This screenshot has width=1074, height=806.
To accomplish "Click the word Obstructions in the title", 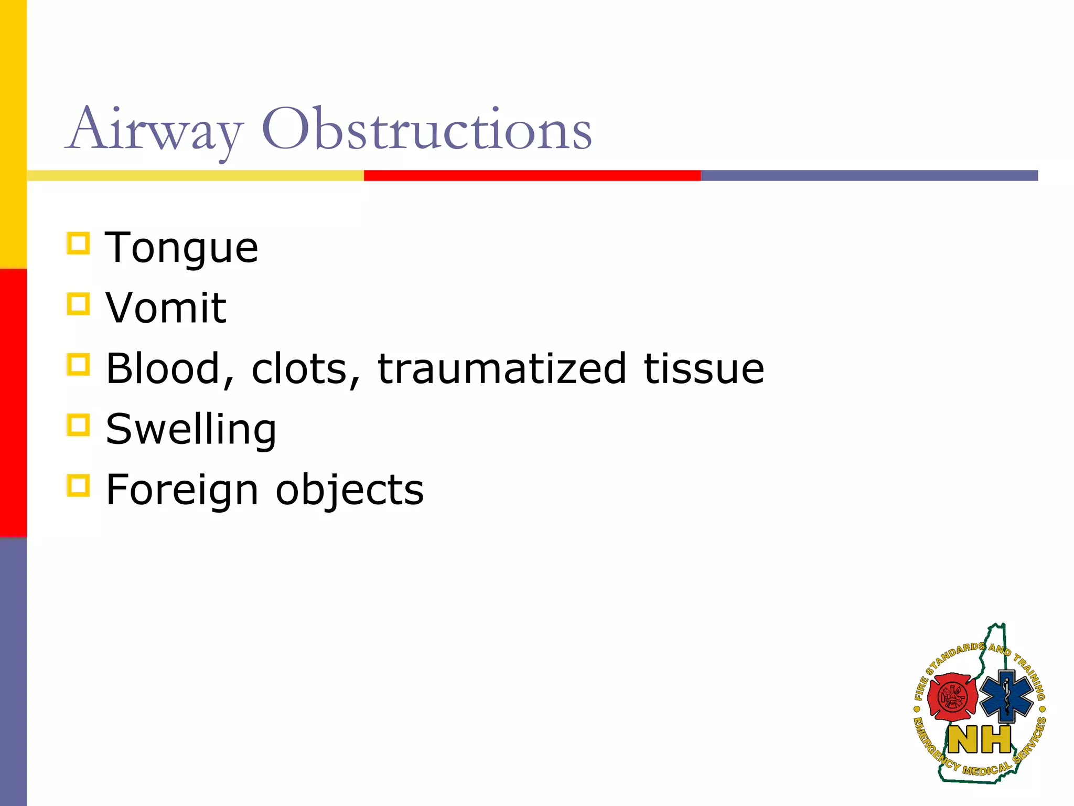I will tap(426, 129).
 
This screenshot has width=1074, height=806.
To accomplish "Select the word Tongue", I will tap(181, 248).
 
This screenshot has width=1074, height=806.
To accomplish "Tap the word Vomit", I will tap(166, 308).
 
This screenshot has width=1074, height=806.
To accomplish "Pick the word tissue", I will tap(704, 368).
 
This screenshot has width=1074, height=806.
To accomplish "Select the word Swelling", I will tap(191, 429).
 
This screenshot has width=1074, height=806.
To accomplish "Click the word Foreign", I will tap(182, 490).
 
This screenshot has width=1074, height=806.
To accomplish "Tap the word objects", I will tap(350, 490).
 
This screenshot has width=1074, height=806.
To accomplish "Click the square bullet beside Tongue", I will tap(79, 243).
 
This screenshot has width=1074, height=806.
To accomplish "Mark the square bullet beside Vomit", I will tap(79, 304).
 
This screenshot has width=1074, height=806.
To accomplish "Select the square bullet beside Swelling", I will tap(79, 425).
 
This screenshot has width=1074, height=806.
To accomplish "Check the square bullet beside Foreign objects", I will tap(79, 485).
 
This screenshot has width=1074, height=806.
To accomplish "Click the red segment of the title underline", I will tap(532, 175).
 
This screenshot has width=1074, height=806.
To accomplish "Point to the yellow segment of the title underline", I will tap(195, 175).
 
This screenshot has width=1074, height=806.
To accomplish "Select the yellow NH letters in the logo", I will tap(980, 740).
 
